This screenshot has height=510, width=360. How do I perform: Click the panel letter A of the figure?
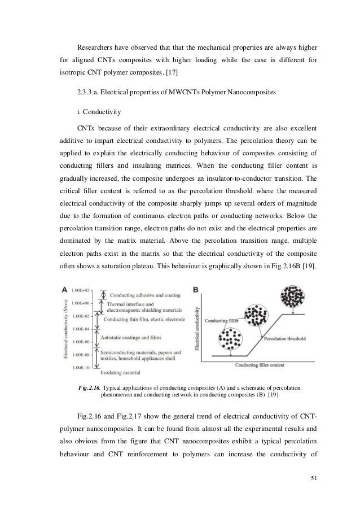tap(66, 290)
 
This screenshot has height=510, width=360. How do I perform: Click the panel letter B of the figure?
tap(196, 290)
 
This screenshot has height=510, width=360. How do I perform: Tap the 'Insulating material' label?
tap(121, 372)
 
